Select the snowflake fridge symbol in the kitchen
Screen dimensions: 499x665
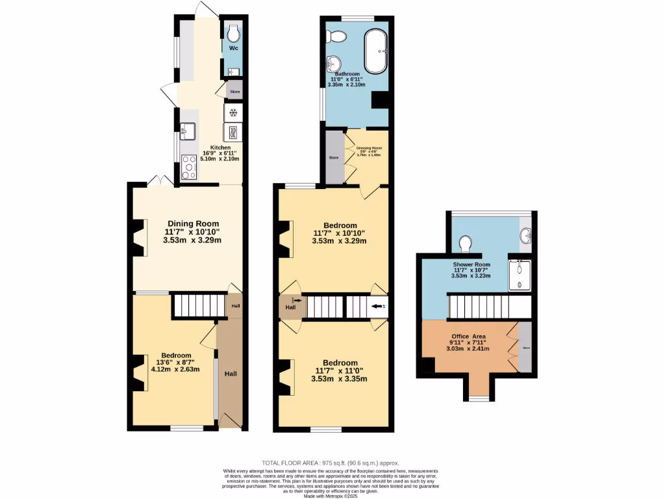tap(233, 113)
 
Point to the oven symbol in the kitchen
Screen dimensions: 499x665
tap(233, 132)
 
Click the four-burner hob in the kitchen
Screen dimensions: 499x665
tap(189, 167)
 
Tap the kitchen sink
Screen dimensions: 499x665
tap(188, 131)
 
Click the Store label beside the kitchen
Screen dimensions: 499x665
tap(234, 92)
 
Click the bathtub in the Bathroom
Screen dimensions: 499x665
tap(377, 51)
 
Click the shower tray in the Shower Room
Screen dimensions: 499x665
tap(520, 275)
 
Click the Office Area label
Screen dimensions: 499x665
tap(470, 336)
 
